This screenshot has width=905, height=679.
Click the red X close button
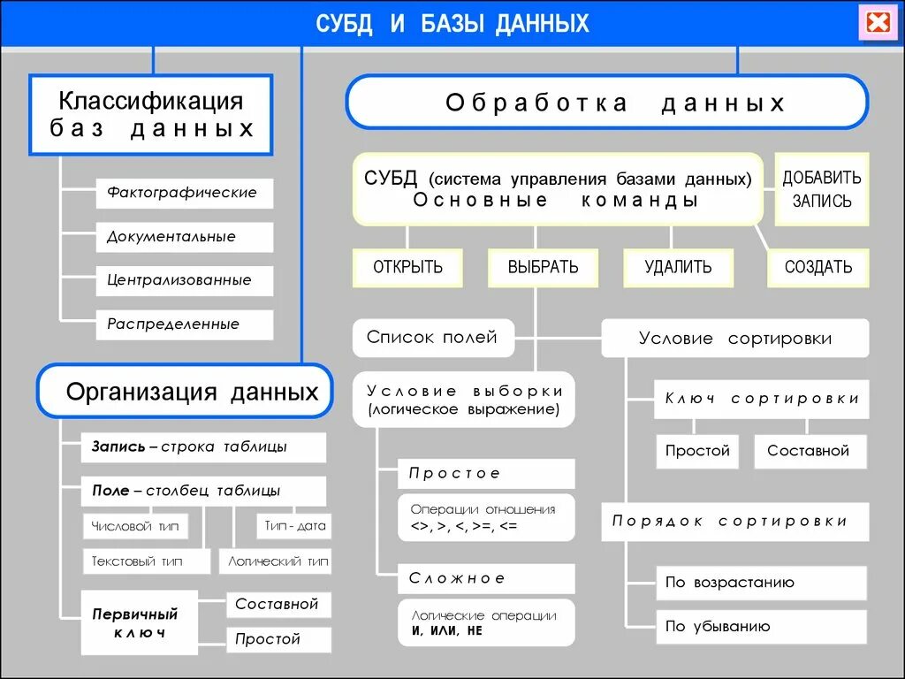click(x=878, y=22)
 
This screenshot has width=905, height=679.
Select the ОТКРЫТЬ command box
click(x=407, y=267)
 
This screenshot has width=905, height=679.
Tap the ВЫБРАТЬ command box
click(x=543, y=267)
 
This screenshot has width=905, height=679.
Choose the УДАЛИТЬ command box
click(x=678, y=267)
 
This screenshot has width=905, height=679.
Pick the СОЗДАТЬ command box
click(x=818, y=267)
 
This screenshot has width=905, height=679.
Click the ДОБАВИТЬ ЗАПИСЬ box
click(x=822, y=189)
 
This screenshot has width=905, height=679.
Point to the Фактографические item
click(x=184, y=193)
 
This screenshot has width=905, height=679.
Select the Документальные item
click(x=184, y=237)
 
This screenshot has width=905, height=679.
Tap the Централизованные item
click(x=184, y=280)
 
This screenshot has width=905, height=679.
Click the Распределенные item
click(x=184, y=324)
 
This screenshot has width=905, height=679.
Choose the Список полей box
click(x=432, y=337)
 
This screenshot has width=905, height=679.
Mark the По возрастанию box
click(x=761, y=583)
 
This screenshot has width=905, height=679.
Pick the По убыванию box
click(x=761, y=627)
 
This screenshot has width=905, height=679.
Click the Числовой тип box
click(x=135, y=526)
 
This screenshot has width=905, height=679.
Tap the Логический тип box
click(x=278, y=561)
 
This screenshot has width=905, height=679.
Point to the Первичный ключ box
click(x=135, y=623)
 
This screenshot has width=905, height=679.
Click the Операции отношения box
click(x=485, y=517)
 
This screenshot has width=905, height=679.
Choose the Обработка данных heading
click(x=606, y=103)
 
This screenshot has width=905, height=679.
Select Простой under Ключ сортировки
click(x=698, y=451)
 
